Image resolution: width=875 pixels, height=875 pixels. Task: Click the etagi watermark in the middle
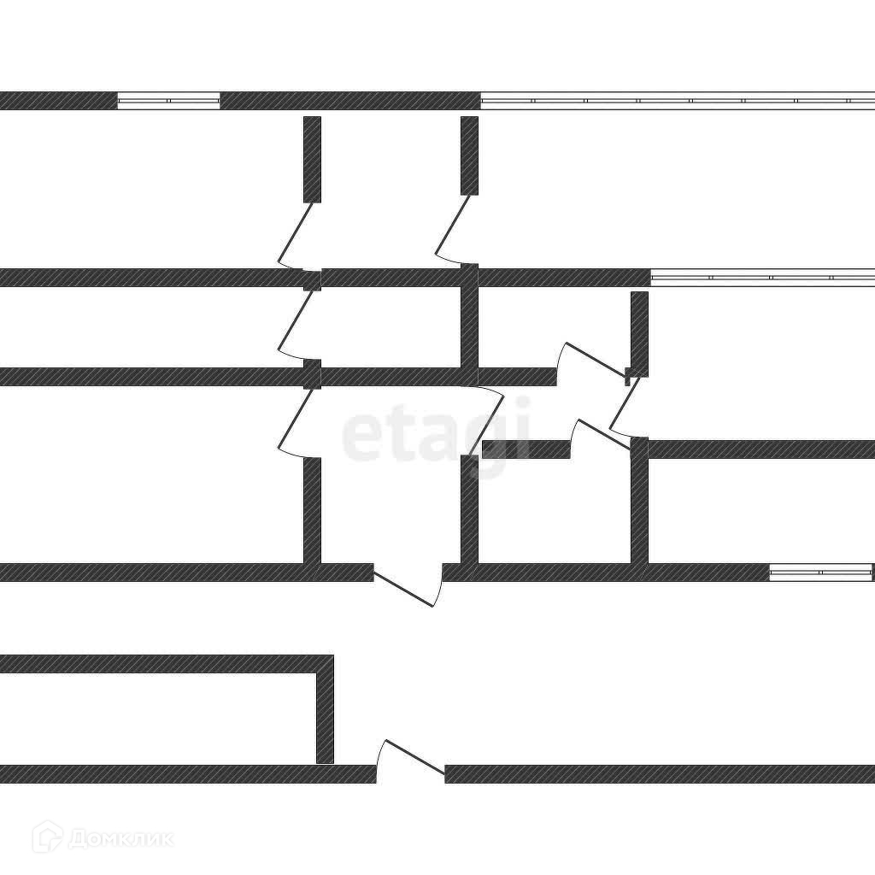436,436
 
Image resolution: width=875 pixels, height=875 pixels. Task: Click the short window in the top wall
168,101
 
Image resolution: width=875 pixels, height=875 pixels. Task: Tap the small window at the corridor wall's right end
820,573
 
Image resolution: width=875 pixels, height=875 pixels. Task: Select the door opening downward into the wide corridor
408,588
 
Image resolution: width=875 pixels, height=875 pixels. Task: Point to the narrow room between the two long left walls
145,327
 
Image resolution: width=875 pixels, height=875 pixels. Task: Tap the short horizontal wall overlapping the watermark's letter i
526,449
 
